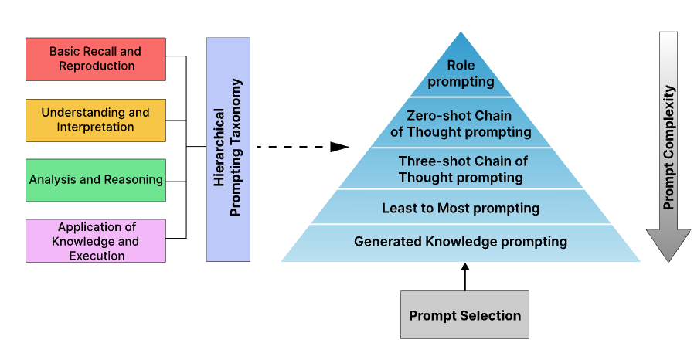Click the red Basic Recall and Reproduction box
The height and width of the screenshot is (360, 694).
(96, 59)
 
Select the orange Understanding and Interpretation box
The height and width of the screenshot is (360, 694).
(96, 120)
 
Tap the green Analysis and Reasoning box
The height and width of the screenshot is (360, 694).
(96, 180)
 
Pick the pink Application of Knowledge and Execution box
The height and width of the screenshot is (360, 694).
(96, 240)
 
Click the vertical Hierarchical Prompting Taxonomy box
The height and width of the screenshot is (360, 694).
(228, 148)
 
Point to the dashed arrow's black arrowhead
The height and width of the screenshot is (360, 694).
(340, 147)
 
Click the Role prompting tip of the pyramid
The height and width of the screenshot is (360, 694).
(461, 73)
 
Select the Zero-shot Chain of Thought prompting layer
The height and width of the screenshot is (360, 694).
(461, 124)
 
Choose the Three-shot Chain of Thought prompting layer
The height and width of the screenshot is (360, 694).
(461, 169)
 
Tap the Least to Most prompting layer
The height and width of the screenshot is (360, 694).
(461, 208)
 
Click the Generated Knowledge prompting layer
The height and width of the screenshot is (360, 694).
(461, 242)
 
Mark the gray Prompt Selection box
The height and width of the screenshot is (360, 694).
(464, 314)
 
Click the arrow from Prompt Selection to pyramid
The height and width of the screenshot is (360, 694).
(465, 277)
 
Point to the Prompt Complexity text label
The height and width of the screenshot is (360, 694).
(669, 147)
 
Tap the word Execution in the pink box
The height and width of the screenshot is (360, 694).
(96, 256)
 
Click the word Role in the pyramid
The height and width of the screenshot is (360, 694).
(461, 66)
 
